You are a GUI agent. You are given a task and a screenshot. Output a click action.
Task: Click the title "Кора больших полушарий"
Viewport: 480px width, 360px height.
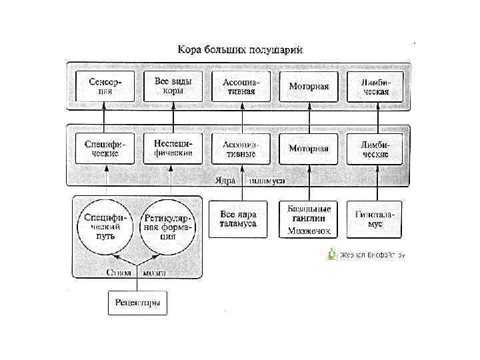[239, 50]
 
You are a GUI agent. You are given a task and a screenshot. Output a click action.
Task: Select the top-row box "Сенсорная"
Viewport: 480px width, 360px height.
[105, 87]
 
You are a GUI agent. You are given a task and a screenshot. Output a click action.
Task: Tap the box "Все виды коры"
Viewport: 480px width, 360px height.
[173, 87]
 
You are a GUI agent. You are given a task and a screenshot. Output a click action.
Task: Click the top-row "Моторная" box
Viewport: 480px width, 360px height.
[309, 87]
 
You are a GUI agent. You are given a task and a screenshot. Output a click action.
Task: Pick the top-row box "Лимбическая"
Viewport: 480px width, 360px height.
[375, 87]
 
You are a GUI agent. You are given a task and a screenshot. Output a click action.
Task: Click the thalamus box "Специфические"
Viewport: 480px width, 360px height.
[105, 148]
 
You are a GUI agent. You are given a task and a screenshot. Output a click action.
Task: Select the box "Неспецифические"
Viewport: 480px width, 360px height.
[173, 148]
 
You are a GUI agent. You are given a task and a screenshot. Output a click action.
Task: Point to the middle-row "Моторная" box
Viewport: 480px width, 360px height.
[309, 148]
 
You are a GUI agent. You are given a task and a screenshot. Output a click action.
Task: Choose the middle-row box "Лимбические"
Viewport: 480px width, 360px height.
[375, 148]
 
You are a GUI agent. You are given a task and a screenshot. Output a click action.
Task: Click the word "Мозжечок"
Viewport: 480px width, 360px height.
[309, 231]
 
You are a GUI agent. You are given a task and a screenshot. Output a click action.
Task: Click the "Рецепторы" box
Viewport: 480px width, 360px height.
[137, 303]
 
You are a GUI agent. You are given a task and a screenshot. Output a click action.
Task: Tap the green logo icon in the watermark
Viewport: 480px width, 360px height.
[332, 254]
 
